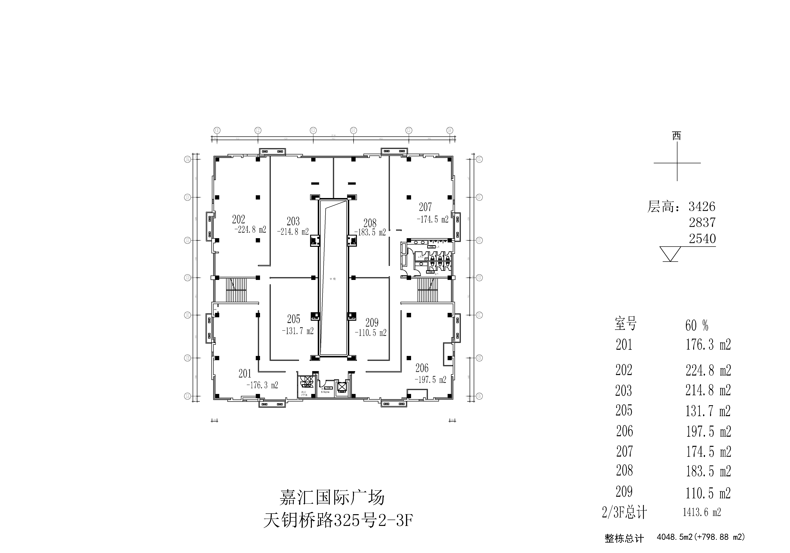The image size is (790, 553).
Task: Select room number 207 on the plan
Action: tap(425, 207)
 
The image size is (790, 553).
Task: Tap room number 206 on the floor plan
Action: tap(422, 368)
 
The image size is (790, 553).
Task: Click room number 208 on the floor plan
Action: tap(370, 223)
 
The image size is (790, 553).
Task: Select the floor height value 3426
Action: tap(702, 207)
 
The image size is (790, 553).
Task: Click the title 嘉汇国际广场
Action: tap(332, 498)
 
